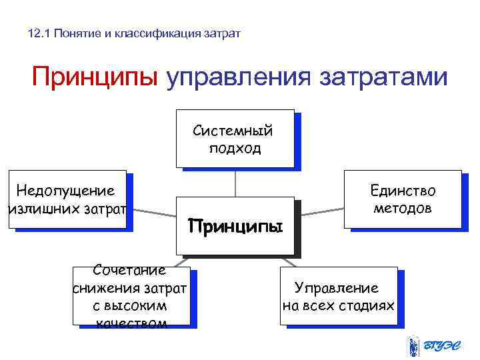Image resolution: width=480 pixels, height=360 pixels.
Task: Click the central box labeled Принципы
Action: (235, 225)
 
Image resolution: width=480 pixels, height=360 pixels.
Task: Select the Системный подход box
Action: (235, 138)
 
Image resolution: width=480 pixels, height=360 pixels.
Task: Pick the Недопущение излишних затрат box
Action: (67, 199)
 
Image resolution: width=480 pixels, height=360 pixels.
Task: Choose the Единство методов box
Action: (403, 199)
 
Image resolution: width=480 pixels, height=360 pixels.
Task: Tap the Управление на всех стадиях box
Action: (338, 296)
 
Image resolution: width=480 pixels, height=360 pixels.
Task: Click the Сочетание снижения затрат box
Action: (131, 296)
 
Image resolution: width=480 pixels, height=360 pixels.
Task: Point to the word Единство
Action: (403, 191)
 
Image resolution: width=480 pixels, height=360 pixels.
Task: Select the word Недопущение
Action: (65, 191)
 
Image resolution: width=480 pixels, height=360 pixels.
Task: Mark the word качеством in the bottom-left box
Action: (131, 323)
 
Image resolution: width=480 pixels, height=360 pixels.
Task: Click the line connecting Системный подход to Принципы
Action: (235, 181)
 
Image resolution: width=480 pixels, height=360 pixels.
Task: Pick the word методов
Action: (403, 209)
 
